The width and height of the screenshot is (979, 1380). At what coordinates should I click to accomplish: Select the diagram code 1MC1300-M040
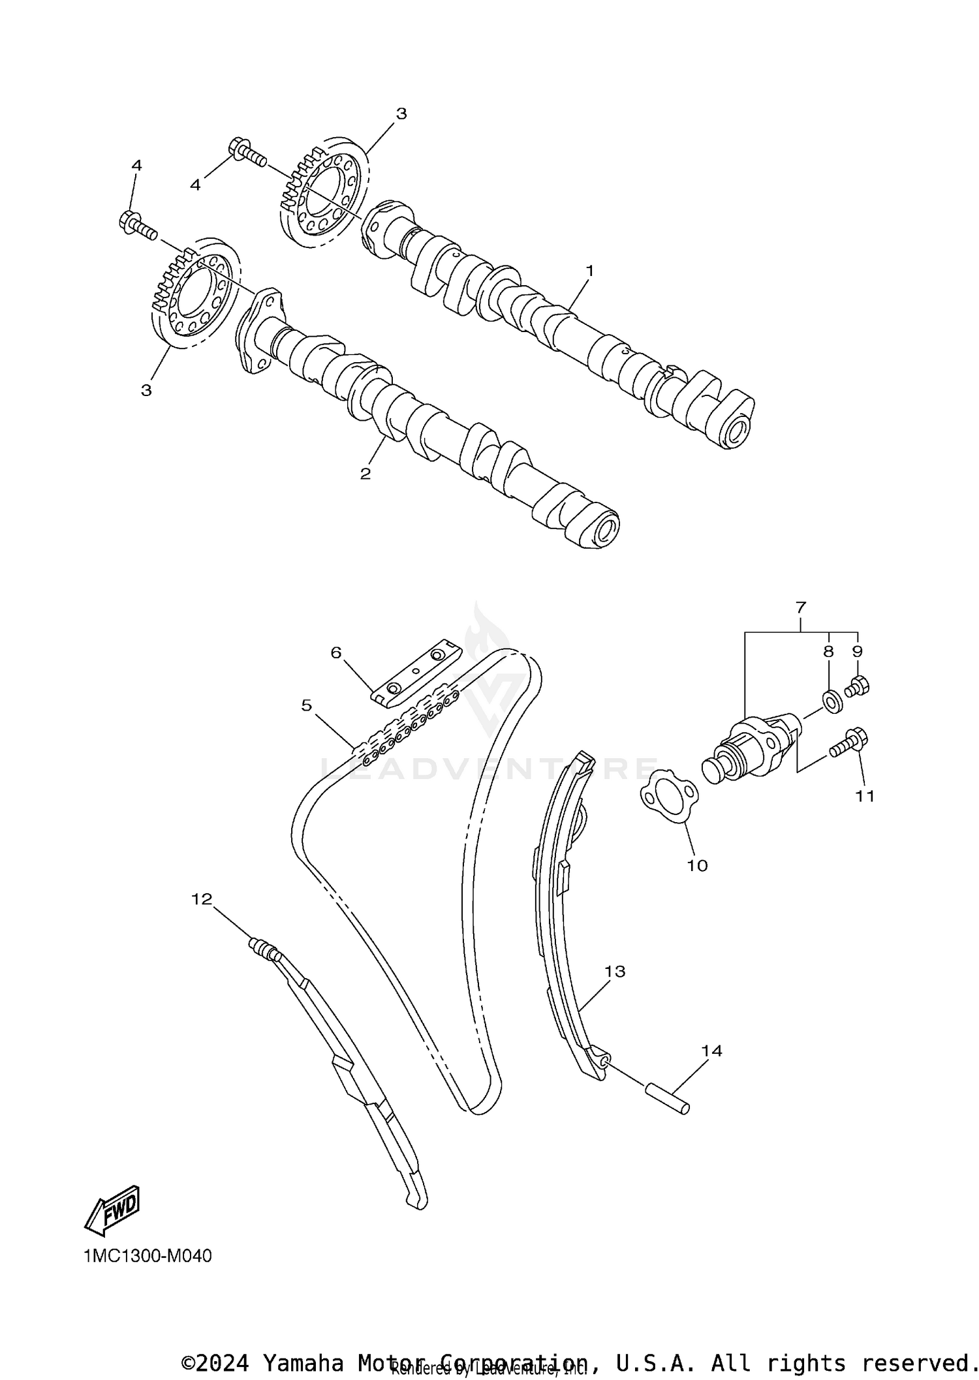click(x=148, y=1257)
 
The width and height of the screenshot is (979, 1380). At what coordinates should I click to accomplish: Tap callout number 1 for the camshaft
click(x=589, y=270)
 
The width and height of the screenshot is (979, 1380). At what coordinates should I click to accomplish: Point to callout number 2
click(x=365, y=474)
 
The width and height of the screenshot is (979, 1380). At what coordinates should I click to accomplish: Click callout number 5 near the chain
click(x=307, y=705)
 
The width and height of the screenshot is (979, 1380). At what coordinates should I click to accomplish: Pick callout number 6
click(x=336, y=652)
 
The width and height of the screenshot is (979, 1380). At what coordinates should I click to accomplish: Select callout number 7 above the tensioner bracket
click(x=801, y=607)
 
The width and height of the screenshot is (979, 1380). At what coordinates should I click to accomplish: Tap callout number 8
click(x=828, y=651)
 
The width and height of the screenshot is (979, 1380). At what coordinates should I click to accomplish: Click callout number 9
click(x=857, y=651)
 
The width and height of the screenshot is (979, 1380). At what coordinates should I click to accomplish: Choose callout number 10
click(x=697, y=866)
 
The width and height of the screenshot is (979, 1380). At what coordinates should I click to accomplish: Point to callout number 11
click(x=865, y=796)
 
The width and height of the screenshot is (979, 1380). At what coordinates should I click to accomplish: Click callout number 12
click(x=202, y=899)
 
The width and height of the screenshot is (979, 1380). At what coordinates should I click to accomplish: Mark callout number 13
click(x=615, y=972)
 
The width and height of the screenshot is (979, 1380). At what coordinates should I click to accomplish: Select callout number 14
click(x=712, y=1051)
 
